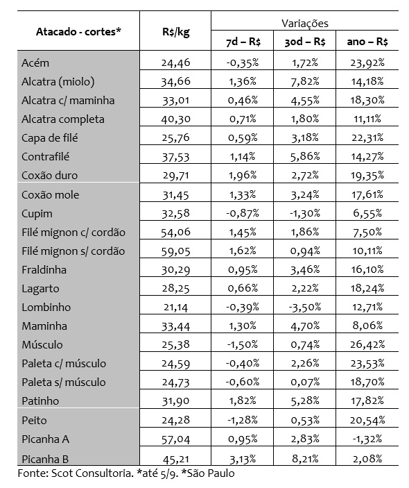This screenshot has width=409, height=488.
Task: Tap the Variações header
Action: pyautogui.click(x=305, y=23)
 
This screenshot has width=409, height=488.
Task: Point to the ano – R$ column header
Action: pyautogui.click(x=367, y=42)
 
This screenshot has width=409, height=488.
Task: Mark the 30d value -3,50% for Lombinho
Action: pyautogui.click(x=305, y=307)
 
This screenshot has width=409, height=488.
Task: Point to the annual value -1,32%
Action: pyautogui.click(x=367, y=439)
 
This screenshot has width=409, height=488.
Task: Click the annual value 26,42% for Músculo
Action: pyautogui.click(x=367, y=344)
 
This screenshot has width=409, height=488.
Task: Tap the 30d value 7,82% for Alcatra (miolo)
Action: pyautogui.click(x=305, y=82)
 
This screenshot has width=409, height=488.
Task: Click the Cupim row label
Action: pyautogui.click(x=37, y=213)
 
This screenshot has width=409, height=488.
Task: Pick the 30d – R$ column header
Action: pyautogui.click(x=305, y=42)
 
